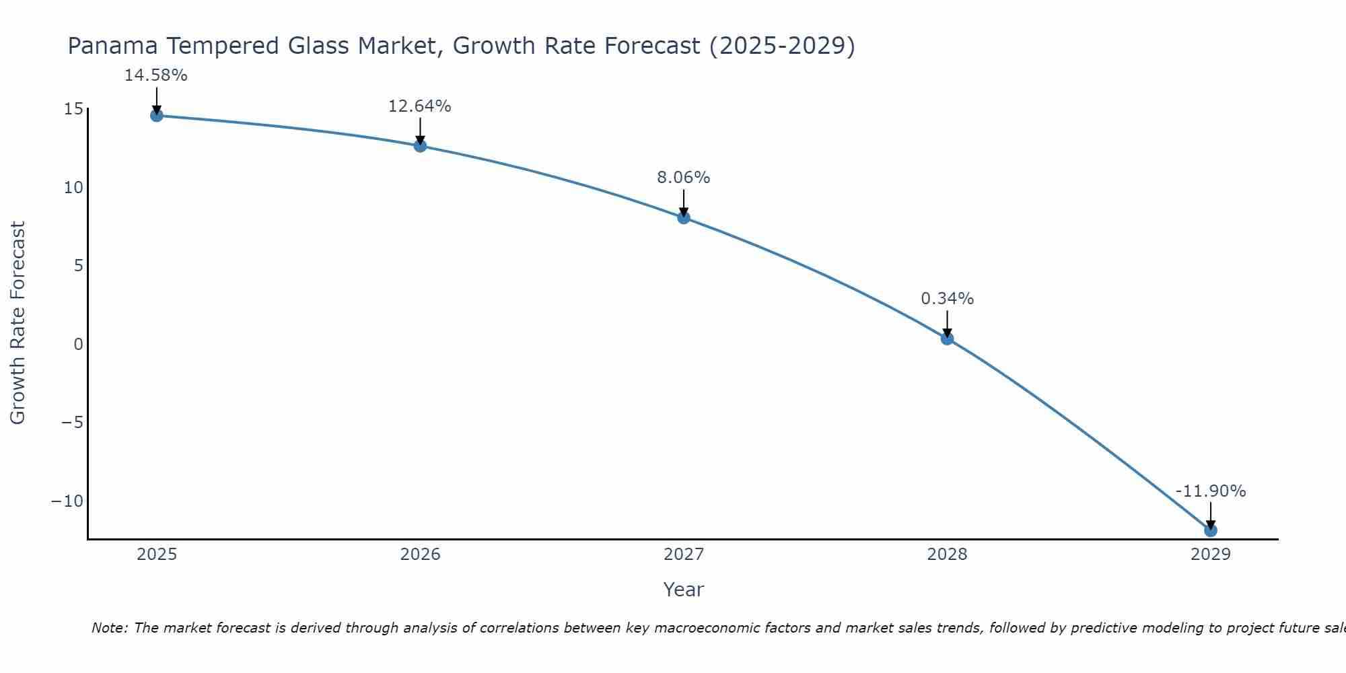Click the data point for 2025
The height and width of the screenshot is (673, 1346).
157,116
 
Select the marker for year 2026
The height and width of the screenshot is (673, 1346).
420,146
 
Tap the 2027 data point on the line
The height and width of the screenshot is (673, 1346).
684,217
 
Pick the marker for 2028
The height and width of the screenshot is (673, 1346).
947,339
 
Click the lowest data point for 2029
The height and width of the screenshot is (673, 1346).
1211,530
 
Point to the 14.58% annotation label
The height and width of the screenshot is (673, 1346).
155,75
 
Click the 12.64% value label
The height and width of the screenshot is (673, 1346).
419,106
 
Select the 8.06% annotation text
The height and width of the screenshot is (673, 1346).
683,178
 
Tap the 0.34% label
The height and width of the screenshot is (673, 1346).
947,299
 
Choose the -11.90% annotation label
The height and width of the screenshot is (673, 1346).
1211,491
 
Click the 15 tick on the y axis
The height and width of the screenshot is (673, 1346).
73,109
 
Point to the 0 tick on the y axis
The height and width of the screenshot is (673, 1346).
79,344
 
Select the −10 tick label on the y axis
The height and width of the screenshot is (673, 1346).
67,501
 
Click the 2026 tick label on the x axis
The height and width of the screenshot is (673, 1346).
420,555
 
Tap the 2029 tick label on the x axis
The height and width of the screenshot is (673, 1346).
1211,555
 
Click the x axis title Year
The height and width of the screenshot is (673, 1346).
683,590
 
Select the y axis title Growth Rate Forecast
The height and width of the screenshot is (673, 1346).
17,323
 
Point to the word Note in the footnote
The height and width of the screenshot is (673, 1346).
108,628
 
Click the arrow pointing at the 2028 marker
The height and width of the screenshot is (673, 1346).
947,324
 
